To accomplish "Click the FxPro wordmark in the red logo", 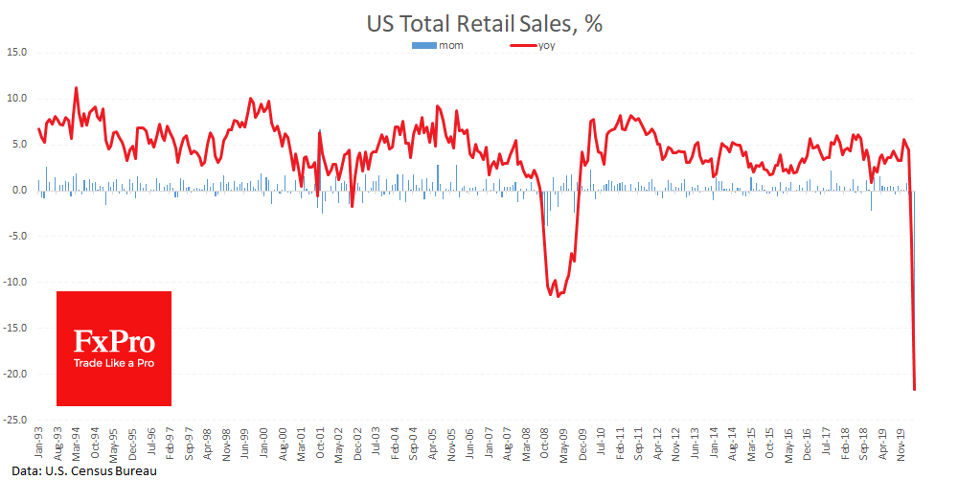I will (114, 341).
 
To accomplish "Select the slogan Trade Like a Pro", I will (114, 364).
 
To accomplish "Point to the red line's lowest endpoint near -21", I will (915, 389).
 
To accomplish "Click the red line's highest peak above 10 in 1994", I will (76, 88).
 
